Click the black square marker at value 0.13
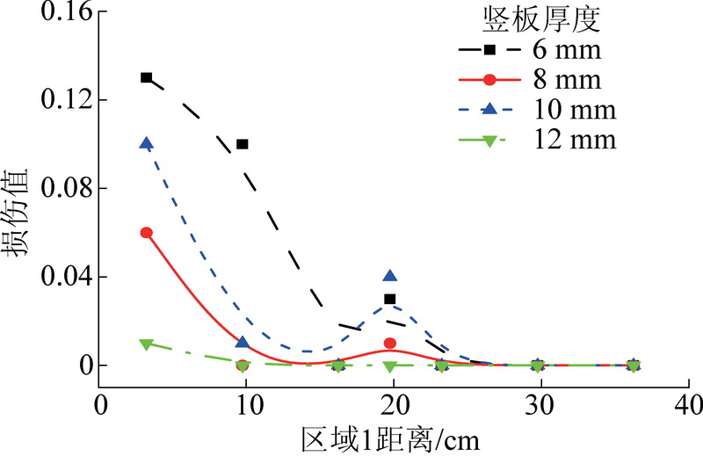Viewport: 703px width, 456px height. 147,77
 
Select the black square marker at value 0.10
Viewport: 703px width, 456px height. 243,144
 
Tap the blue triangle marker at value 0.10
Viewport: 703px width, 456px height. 147,143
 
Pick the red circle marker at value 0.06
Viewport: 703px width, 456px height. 147,233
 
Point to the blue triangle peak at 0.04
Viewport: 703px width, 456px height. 390,277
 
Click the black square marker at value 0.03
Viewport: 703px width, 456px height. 390,299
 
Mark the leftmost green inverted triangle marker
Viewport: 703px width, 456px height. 147,344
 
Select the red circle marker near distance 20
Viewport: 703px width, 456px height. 390,343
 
